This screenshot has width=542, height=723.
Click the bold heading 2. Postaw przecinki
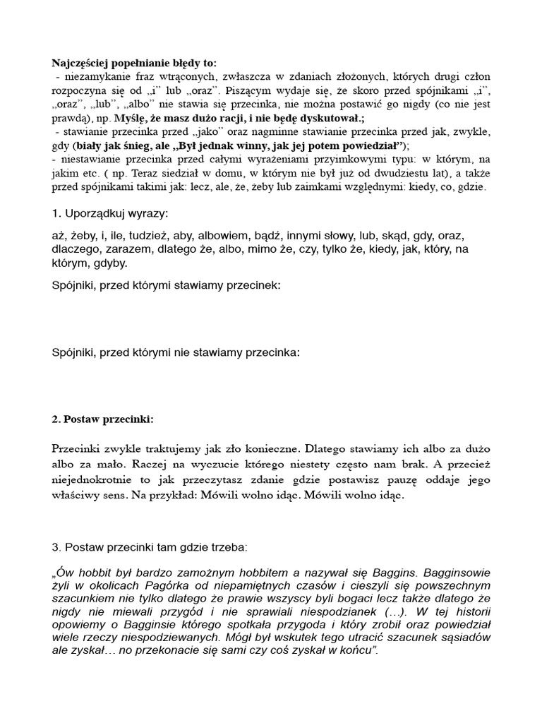tap(103, 419)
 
